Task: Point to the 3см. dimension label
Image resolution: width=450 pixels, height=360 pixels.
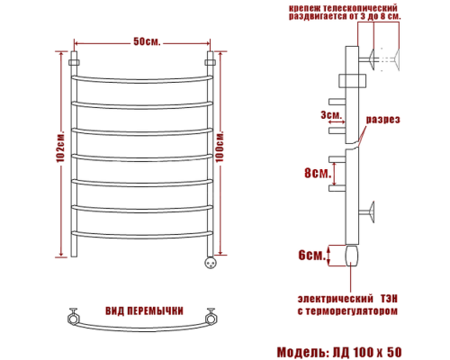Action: [329, 114]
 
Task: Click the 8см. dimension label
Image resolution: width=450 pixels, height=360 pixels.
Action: [315, 173]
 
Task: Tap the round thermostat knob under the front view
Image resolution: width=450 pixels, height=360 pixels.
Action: [212, 264]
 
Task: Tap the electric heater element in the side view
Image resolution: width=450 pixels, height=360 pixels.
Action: [349, 257]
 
